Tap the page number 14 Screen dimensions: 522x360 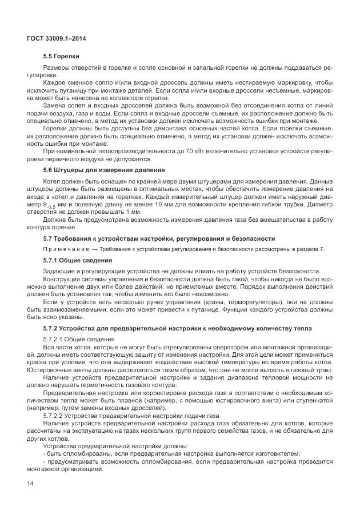[x=30, y=484]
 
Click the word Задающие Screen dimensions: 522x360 [x=59, y=271]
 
